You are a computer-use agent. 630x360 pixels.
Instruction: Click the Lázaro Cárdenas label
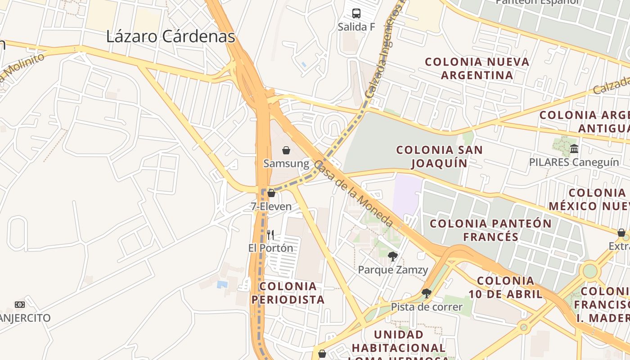pyautogui.click(x=171, y=37)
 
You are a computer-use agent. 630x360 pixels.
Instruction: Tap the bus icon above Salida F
pyautogui.click(x=356, y=13)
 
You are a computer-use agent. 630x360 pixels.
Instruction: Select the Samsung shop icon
pyautogui.click(x=286, y=150)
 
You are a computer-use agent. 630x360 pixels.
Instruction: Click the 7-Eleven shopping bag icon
pyautogui.click(x=271, y=193)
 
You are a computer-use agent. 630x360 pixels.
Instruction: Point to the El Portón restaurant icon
pyautogui.click(x=270, y=234)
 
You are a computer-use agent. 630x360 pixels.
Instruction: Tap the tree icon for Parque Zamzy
pyautogui.click(x=392, y=256)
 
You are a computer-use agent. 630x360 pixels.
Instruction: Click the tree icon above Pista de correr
pyautogui.click(x=427, y=293)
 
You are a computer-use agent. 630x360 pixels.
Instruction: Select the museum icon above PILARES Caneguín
pyautogui.click(x=574, y=148)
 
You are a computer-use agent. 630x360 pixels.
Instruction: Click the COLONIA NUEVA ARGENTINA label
pyautogui.click(x=477, y=68)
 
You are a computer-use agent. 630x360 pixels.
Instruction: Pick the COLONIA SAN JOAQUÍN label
pyautogui.click(x=439, y=156)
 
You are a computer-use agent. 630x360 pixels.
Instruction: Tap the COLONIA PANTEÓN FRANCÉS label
pyautogui.click(x=490, y=230)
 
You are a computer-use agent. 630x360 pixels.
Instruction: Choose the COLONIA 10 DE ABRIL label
pyautogui.click(x=506, y=288)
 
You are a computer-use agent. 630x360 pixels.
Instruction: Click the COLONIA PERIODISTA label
pyautogui.click(x=288, y=293)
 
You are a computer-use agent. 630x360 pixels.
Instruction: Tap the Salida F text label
pyautogui.click(x=356, y=27)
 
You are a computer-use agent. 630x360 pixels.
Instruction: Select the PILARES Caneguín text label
pyautogui.click(x=574, y=162)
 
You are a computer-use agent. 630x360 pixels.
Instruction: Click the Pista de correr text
pyautogui.click(x=427, y=307)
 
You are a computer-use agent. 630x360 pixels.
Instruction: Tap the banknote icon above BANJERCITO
pyautogui.click(x=19, y=305)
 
